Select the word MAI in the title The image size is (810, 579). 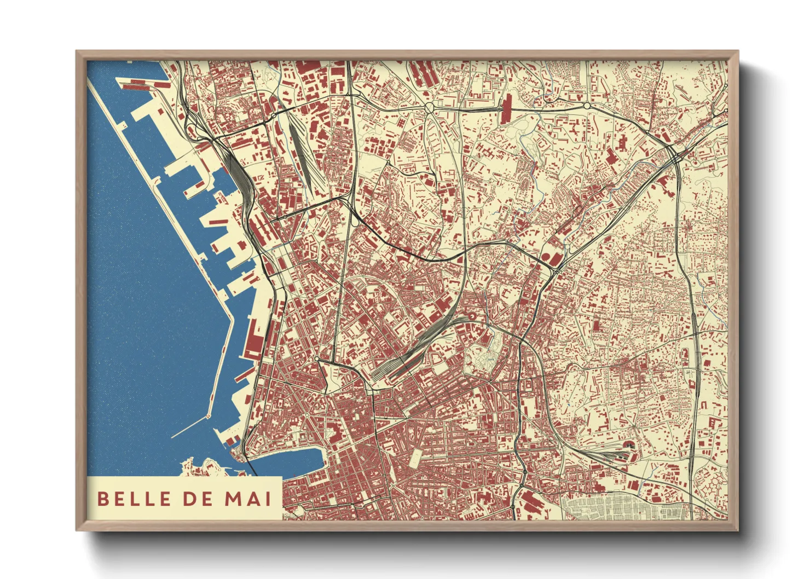248,499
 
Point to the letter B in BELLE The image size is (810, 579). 102,499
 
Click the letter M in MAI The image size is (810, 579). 233,499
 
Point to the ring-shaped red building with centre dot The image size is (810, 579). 471,316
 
